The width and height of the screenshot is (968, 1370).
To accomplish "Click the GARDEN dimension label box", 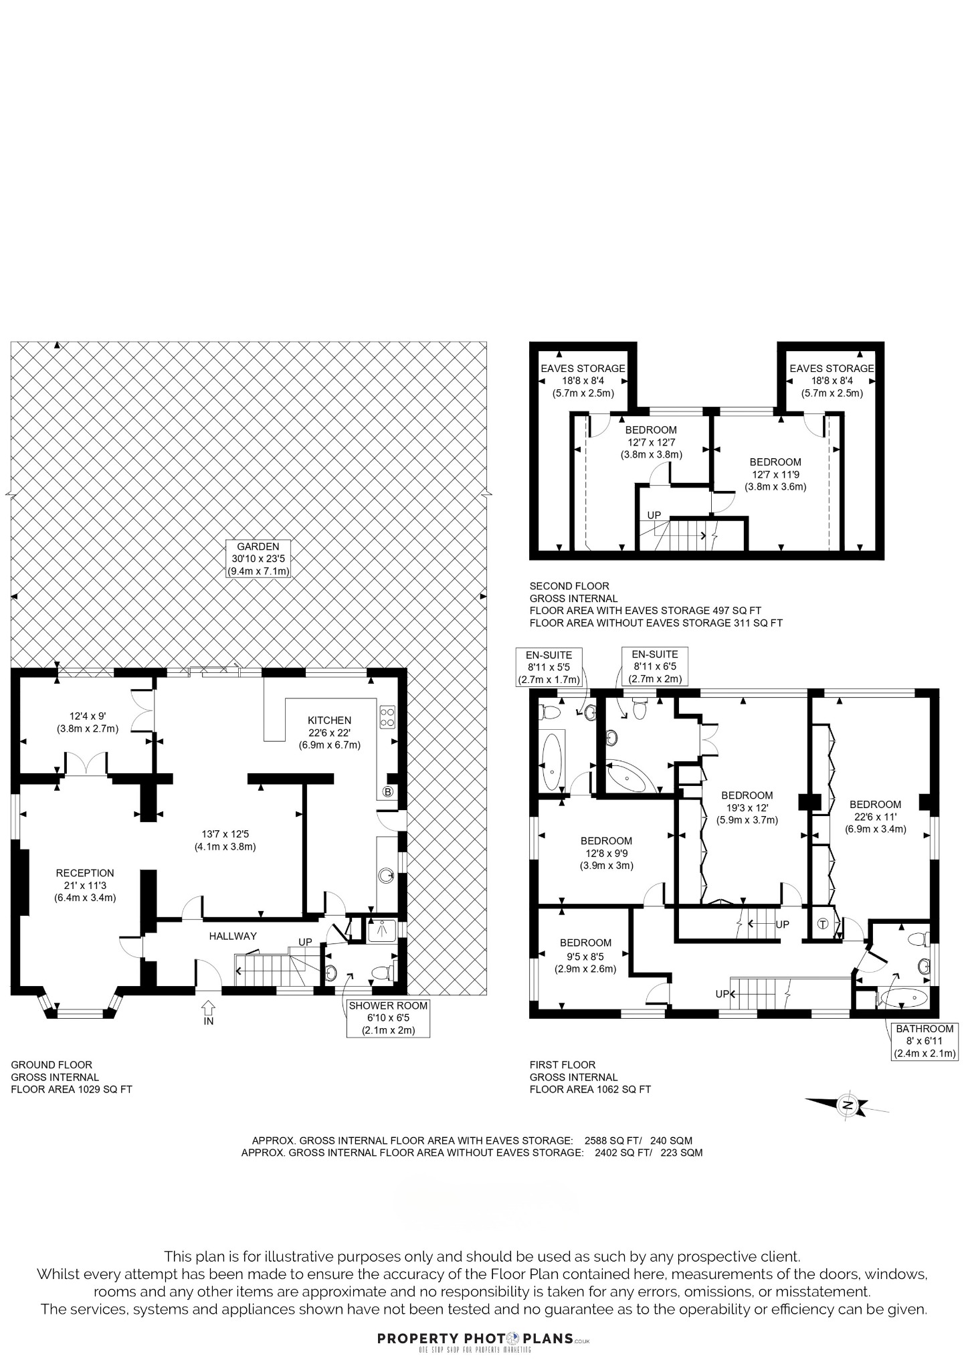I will pos(258,559).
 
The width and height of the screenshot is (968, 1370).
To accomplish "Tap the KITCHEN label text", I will pos(329,720).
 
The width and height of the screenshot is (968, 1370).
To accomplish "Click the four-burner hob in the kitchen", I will pos(387,717).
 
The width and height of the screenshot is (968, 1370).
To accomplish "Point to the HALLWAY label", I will pos(233,936).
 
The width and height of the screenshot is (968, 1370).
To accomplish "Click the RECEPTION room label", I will pos(85,873).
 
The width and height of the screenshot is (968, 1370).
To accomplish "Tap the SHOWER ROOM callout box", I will pos(388,1018).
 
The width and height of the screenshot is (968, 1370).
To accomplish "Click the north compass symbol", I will pos(846,1104).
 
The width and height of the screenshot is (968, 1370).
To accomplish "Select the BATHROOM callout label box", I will pos(925,1041).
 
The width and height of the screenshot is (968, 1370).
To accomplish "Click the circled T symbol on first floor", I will pos(823,924).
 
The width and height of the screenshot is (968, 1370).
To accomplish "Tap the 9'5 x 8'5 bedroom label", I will pos(585,955).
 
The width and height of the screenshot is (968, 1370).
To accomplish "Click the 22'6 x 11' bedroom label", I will pos(875,816).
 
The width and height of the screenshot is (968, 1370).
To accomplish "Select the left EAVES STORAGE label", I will pos(583,381).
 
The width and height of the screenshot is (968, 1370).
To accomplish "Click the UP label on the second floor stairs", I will pos(654,515).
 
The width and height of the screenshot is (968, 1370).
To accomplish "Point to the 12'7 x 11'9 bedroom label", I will pos(775,474).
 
